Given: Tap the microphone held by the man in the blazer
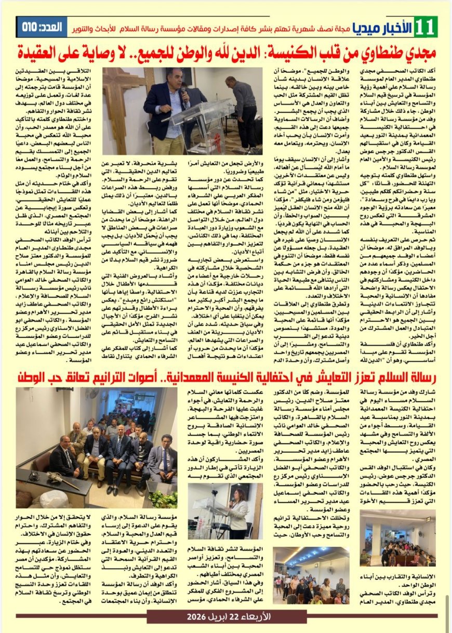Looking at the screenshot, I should (182, 94).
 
